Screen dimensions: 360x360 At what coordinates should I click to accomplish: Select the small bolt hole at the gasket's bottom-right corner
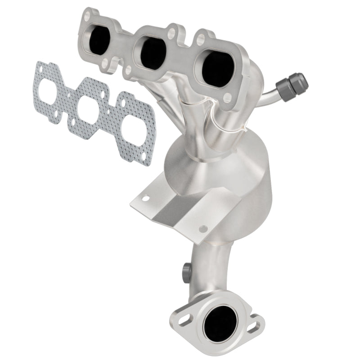pos(144,157)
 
